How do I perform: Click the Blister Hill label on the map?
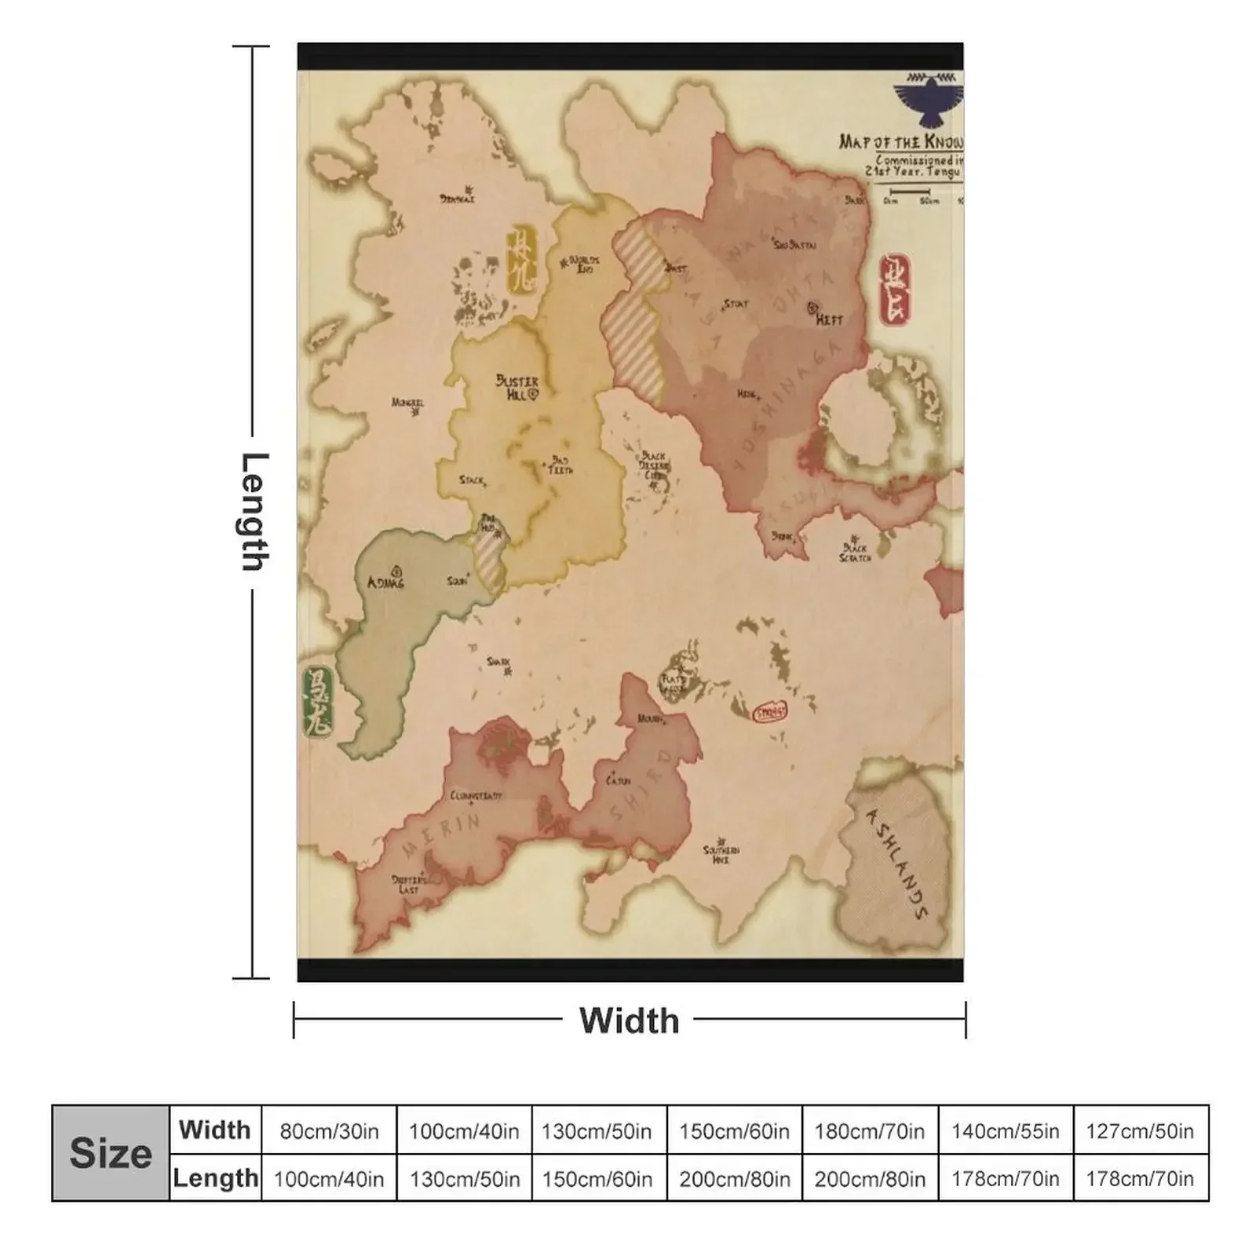[517, 386]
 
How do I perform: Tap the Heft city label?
[828, 319]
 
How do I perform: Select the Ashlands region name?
[897, 863]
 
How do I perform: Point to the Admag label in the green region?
[385, 582]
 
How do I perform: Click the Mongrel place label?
[407, 403]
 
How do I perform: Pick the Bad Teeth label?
[560, 465]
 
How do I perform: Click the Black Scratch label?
[855, 552]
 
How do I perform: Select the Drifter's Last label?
[409, 885]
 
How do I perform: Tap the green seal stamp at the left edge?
[318, 703]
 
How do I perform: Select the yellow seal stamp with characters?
[521, 259]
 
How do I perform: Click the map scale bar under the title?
[910, 192]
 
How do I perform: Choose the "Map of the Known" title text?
[900, 141]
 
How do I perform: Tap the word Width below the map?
[629, 1020]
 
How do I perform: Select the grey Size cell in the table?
[111, 1153]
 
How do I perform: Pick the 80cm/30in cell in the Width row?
[329, 1131]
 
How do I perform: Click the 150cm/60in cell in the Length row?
[597, 1178]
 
